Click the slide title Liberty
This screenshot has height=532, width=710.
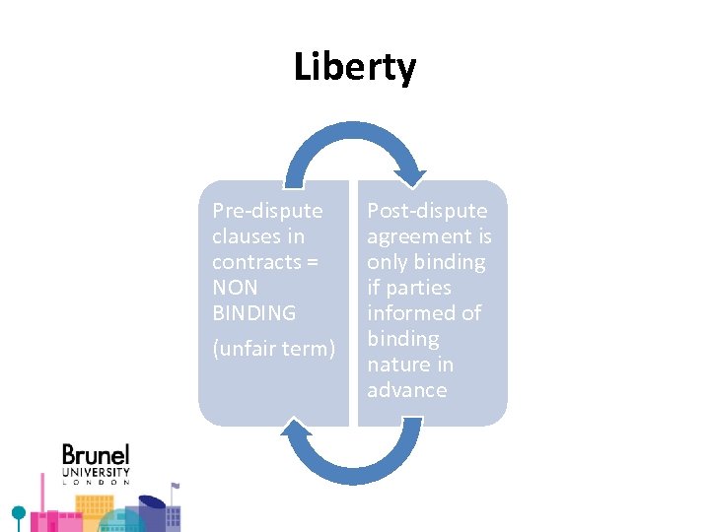355,68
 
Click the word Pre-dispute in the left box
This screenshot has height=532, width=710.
253,211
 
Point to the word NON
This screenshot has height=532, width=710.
235,288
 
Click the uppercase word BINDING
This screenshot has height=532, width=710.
253,313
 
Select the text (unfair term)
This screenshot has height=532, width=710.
274,350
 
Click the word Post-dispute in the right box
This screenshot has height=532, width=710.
427,211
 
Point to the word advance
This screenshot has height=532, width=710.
406,390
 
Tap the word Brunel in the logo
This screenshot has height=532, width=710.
96,455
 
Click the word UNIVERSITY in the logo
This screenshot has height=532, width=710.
96,472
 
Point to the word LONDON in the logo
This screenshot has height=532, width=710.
96,483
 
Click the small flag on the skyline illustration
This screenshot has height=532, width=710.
175,485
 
